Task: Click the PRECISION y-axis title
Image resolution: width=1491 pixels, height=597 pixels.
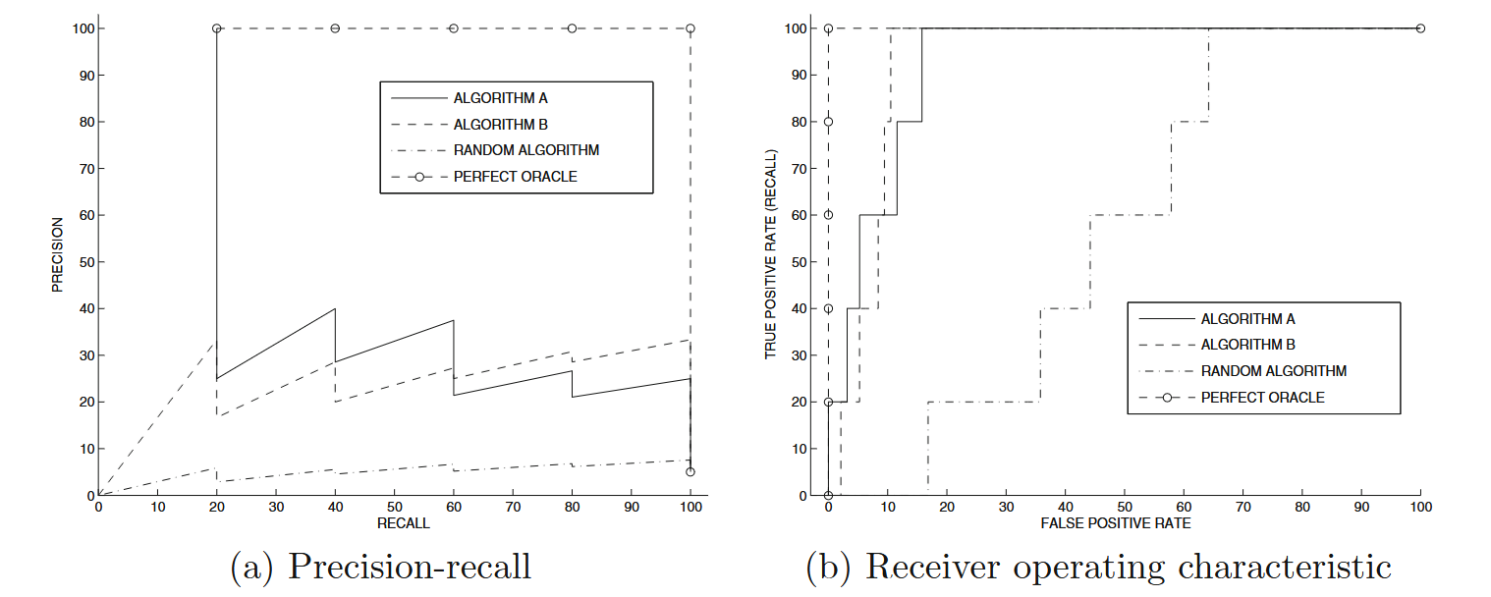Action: coord(56,254)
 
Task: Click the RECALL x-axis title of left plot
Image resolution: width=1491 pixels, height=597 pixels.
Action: coord(403,523)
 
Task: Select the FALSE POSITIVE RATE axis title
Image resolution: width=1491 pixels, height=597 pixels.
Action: coord(1115,523)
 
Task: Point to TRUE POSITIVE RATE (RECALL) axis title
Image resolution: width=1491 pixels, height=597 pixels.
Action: coord(771,254)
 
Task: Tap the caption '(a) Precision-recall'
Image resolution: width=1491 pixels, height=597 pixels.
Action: coord(381,568)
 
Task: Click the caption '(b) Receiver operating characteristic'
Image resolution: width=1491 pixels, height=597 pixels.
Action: coord(1098,568)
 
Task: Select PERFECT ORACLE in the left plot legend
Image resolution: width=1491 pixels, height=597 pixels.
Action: coord(515,177)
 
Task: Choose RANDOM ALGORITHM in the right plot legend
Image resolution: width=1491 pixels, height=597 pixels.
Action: coord(1273,371)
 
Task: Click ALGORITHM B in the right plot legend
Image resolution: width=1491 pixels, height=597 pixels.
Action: coord(1247,345)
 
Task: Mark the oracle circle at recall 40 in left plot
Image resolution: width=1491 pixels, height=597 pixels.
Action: coord(335,28)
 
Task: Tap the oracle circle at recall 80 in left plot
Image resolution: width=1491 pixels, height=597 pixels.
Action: coord(573,28)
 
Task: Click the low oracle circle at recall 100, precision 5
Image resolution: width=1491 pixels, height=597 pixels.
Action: coord(690,472)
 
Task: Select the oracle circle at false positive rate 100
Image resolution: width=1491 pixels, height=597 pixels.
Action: coord(1420,28)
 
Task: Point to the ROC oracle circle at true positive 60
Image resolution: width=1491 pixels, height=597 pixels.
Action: coord(828,215)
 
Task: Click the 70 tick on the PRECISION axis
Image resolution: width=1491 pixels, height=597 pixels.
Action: coord(83,169)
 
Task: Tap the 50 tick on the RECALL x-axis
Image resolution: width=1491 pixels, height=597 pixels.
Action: coord(394,508)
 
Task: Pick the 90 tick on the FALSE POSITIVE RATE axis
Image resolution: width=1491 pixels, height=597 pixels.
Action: coord(1361,508)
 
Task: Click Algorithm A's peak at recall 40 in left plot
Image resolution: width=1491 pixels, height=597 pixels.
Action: coord(335,308)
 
